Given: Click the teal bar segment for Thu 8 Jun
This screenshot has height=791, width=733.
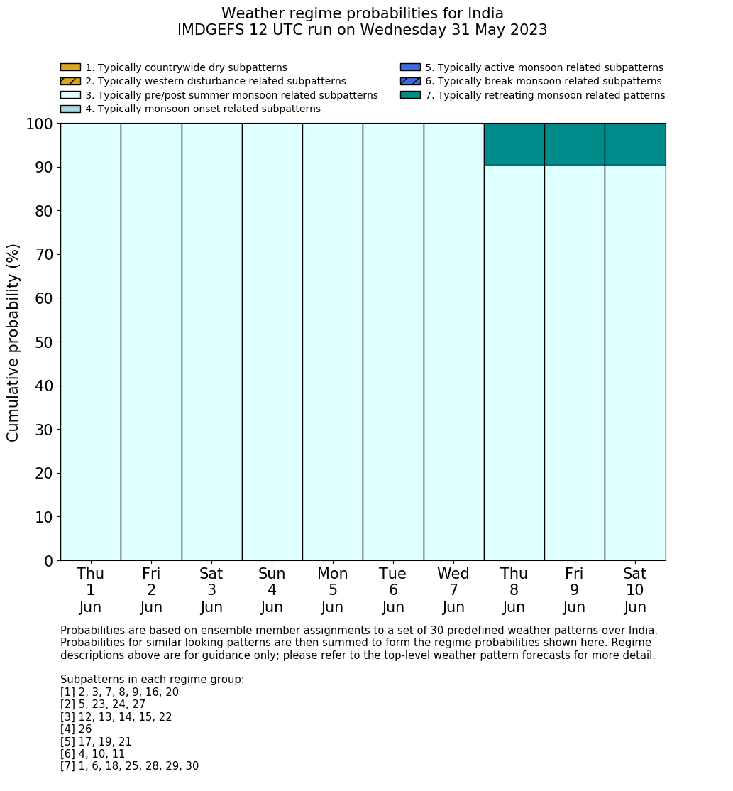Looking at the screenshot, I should tap(514, 144).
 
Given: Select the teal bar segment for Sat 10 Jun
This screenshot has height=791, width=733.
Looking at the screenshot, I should tap(635, 144).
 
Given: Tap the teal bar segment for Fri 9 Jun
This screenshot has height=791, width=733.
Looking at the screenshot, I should tap(574, 144).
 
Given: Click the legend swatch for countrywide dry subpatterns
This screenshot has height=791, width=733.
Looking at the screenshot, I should tap(70, 67).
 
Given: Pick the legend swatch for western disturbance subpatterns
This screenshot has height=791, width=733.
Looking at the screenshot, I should tap(70, 82).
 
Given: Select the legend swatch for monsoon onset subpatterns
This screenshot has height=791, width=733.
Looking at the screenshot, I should tap(70, 109).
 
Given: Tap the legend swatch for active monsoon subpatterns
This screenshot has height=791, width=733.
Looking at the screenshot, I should tap(410, 67).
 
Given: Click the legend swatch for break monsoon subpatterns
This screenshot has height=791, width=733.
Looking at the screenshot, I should tap(410, 82).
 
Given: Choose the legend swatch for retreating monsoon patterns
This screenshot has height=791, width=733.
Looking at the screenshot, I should tap(410, 95).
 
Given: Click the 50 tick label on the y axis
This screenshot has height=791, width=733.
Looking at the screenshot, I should tap(44, 342).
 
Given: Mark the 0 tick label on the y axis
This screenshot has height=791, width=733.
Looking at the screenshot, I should tap(48, 561).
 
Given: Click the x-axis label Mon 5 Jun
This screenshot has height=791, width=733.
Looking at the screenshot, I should tap(332, 590).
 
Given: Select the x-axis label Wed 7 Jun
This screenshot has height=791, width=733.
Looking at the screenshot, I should tap(453, 590).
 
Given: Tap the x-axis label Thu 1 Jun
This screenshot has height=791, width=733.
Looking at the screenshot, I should tap(90, 590).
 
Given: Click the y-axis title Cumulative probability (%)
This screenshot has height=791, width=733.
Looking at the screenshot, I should tap(13, 342).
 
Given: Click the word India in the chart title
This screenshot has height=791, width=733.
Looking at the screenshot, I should tap(480, 13).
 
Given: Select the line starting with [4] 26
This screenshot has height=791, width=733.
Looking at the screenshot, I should tap(76, 729).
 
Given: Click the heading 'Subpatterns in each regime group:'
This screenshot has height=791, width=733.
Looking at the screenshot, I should tap(152, 680).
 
